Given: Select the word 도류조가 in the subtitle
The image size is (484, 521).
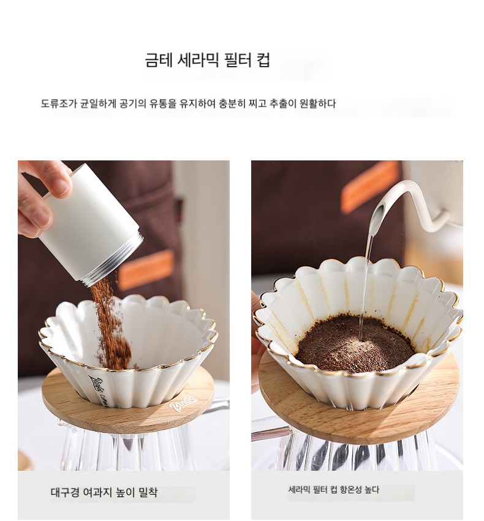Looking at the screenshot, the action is click(59, 103).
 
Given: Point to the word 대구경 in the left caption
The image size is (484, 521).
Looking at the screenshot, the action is click(64, 492).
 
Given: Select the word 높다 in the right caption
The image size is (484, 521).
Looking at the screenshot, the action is click(372, 489).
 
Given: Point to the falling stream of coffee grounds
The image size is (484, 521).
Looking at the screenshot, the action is click(110, 322).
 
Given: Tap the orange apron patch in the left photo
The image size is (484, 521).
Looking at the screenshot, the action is click(146, 271).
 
